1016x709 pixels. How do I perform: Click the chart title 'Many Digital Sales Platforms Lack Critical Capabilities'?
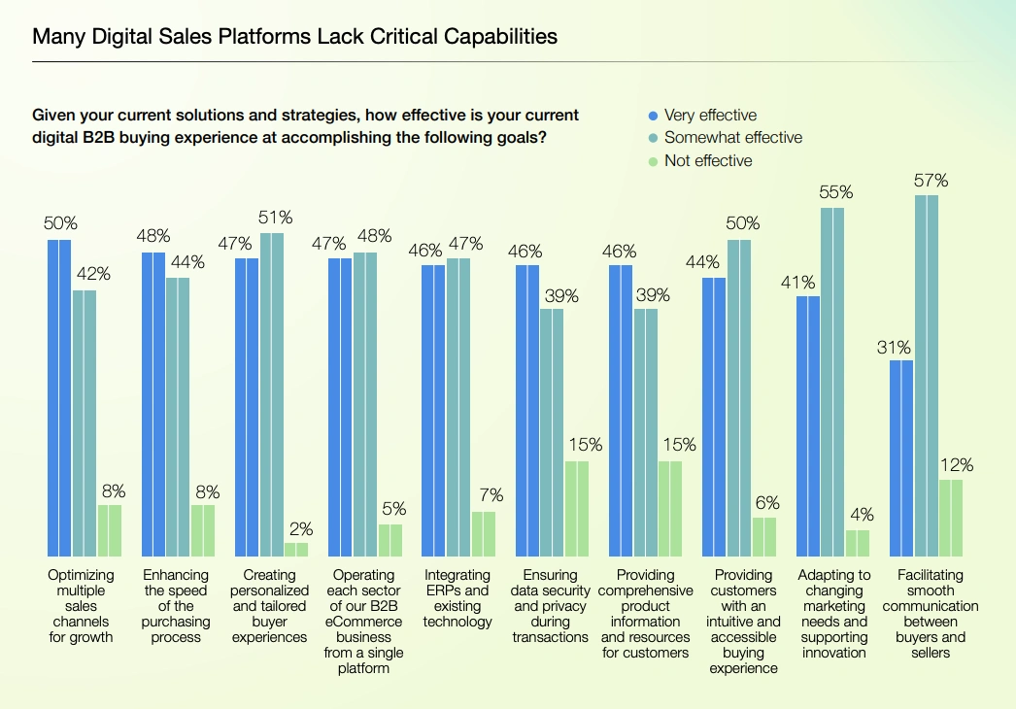click(x=295, y=38)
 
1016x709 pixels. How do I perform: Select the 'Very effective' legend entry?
click(x=710, y=115)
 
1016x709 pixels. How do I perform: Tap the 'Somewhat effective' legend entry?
click(x=733, y=138)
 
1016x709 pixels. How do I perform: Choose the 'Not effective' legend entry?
click(x=708, y=161)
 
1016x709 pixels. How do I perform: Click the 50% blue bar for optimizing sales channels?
click(x=59, y=397)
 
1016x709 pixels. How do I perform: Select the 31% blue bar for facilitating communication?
click(x=902, y=457)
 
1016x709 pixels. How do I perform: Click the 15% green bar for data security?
click(x=577, y=508)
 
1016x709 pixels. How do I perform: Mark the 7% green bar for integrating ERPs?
click(x=484, y=533)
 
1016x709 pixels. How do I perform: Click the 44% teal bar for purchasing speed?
click(x=178, y=417)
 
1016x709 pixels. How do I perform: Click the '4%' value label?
click(x=862, y=515)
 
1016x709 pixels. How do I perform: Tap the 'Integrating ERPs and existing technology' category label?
click(x=457, y=598)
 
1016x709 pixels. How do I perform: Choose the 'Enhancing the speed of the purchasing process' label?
click(x=176, y=606)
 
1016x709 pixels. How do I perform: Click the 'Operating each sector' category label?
click(x=363, y=622)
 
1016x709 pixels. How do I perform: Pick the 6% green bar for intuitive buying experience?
click(x=763, y=536)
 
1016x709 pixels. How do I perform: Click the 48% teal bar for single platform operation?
click(x=364, y=404)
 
